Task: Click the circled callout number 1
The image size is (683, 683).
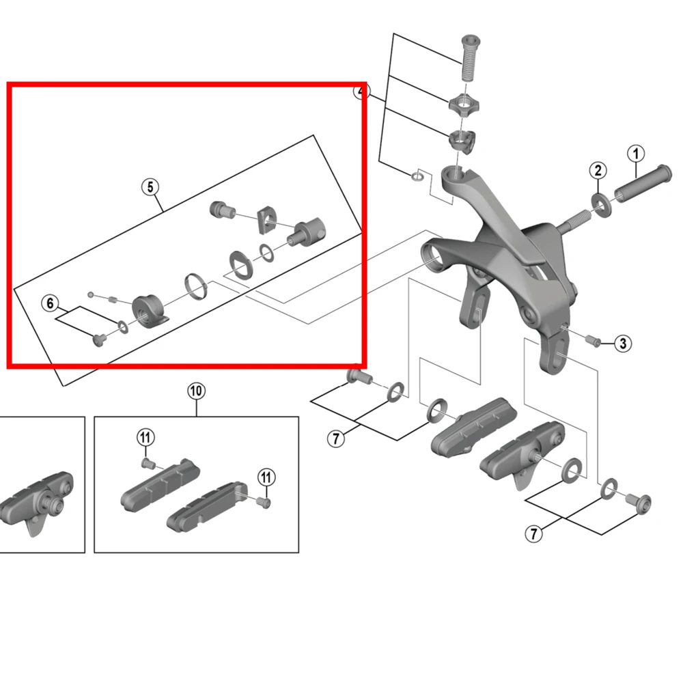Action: coord(636,154)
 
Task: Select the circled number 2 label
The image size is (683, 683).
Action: coord(598,170)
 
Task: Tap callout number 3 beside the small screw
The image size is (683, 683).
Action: coord(622,343)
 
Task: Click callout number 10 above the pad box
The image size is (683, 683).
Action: coord(196,391)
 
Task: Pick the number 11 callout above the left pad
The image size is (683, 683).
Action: coord(145,437)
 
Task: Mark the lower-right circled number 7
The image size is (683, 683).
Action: coord(535,533)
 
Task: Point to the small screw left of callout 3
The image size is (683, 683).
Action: coord(592,340)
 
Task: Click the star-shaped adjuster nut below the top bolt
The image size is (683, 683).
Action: coord(462,105)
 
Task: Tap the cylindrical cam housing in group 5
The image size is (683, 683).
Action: coord(148,311)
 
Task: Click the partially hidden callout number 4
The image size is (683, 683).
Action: coord(360,92)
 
